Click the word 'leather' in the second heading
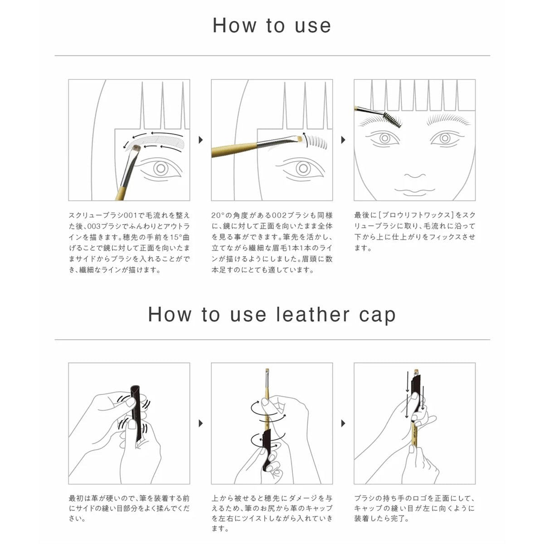tap(312, 315)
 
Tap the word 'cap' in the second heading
tap(377, 317)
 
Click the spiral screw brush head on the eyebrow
tap(392, 119)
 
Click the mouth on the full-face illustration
tap(415, 191)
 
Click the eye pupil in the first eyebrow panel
tap(160, 169)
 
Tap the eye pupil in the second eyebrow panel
tap(303, 169)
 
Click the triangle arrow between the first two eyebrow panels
tap(201, 140)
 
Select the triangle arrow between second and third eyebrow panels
tap(343, 140)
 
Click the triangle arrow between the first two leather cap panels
tap(201, 423)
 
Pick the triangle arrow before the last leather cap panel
tap(343, 423)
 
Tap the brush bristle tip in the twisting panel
tap(267, 371)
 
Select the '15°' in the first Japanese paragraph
tap(176, 237)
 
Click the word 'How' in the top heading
tap(234, 25)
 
